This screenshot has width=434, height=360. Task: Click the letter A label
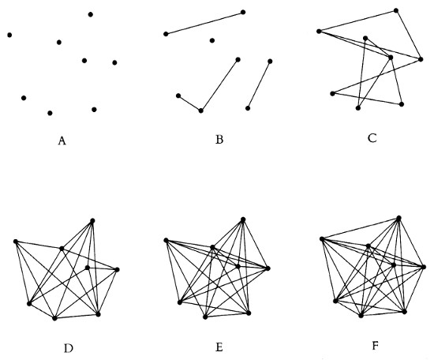62,141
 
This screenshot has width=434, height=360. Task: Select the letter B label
219,140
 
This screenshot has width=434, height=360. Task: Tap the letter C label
372,138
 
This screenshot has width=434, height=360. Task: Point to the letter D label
69,348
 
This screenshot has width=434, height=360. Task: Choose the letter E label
219,347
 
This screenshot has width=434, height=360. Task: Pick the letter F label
375,346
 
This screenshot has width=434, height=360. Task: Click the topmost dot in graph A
91,14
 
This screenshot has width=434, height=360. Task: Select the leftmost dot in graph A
9,35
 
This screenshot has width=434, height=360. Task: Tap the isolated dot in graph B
212,41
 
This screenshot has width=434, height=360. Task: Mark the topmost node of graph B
243,12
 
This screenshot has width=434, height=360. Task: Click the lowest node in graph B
201,111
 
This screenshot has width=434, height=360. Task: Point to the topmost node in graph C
396,10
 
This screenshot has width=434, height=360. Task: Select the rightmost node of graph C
421,59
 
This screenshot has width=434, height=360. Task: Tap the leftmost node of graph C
319,32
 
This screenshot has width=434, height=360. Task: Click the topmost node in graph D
92,221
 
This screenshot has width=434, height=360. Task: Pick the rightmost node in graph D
117,269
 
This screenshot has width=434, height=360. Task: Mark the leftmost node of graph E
166,240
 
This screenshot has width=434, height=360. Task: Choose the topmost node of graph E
243,219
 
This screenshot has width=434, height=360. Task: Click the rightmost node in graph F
424,267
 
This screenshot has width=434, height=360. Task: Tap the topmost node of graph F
398,219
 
